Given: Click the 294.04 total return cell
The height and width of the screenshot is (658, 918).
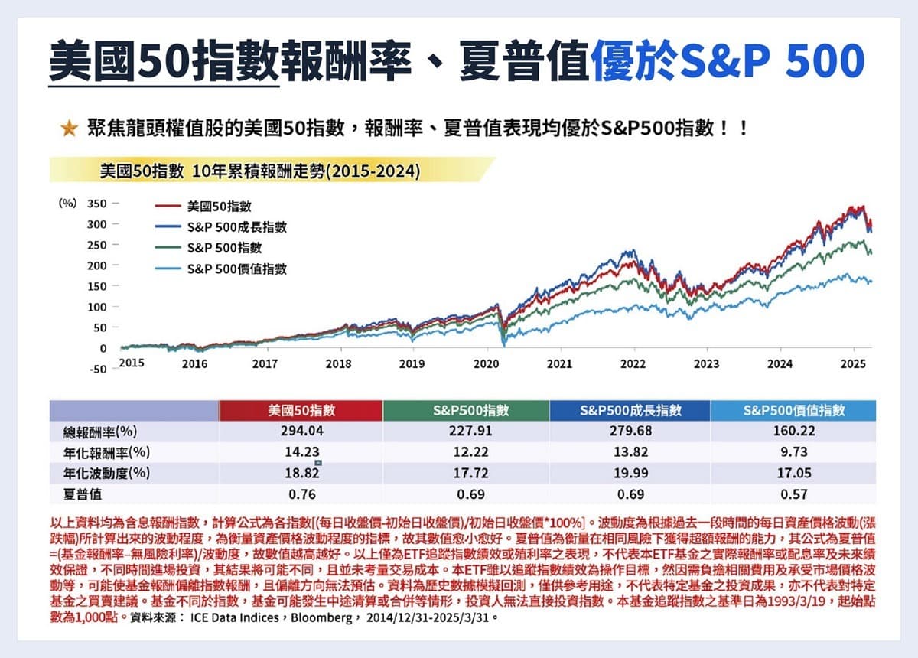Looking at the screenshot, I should click(x=300, y=431).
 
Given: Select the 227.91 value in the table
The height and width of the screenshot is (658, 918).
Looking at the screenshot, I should click(x=465, y=431).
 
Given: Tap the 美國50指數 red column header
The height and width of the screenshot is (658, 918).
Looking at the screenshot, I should click(x=300, y=410).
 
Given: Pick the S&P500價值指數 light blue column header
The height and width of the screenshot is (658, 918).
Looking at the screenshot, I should click(x=793, y=410).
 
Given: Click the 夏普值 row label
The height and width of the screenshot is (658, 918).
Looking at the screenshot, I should click(x=84, y=493).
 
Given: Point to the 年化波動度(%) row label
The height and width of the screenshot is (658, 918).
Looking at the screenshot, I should click(x=106, y=473).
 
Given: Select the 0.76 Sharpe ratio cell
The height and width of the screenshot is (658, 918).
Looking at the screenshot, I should click(x=300, y=493).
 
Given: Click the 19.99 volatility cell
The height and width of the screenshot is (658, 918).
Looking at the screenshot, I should click(x=630, y=473).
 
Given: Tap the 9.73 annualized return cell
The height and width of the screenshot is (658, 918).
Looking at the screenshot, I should click(x=793, y=452).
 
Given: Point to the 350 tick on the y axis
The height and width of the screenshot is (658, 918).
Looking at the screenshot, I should click(x=97, y=204).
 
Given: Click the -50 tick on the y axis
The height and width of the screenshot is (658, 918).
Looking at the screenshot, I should click(x=97, y=369).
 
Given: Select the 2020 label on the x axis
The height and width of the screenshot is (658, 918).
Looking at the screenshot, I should click(x=486, y=364).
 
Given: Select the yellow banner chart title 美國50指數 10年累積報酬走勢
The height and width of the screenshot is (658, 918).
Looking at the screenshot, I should click(x=260, y=170).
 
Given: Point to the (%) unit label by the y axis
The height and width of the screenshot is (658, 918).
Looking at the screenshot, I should click(x=68, y=204).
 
